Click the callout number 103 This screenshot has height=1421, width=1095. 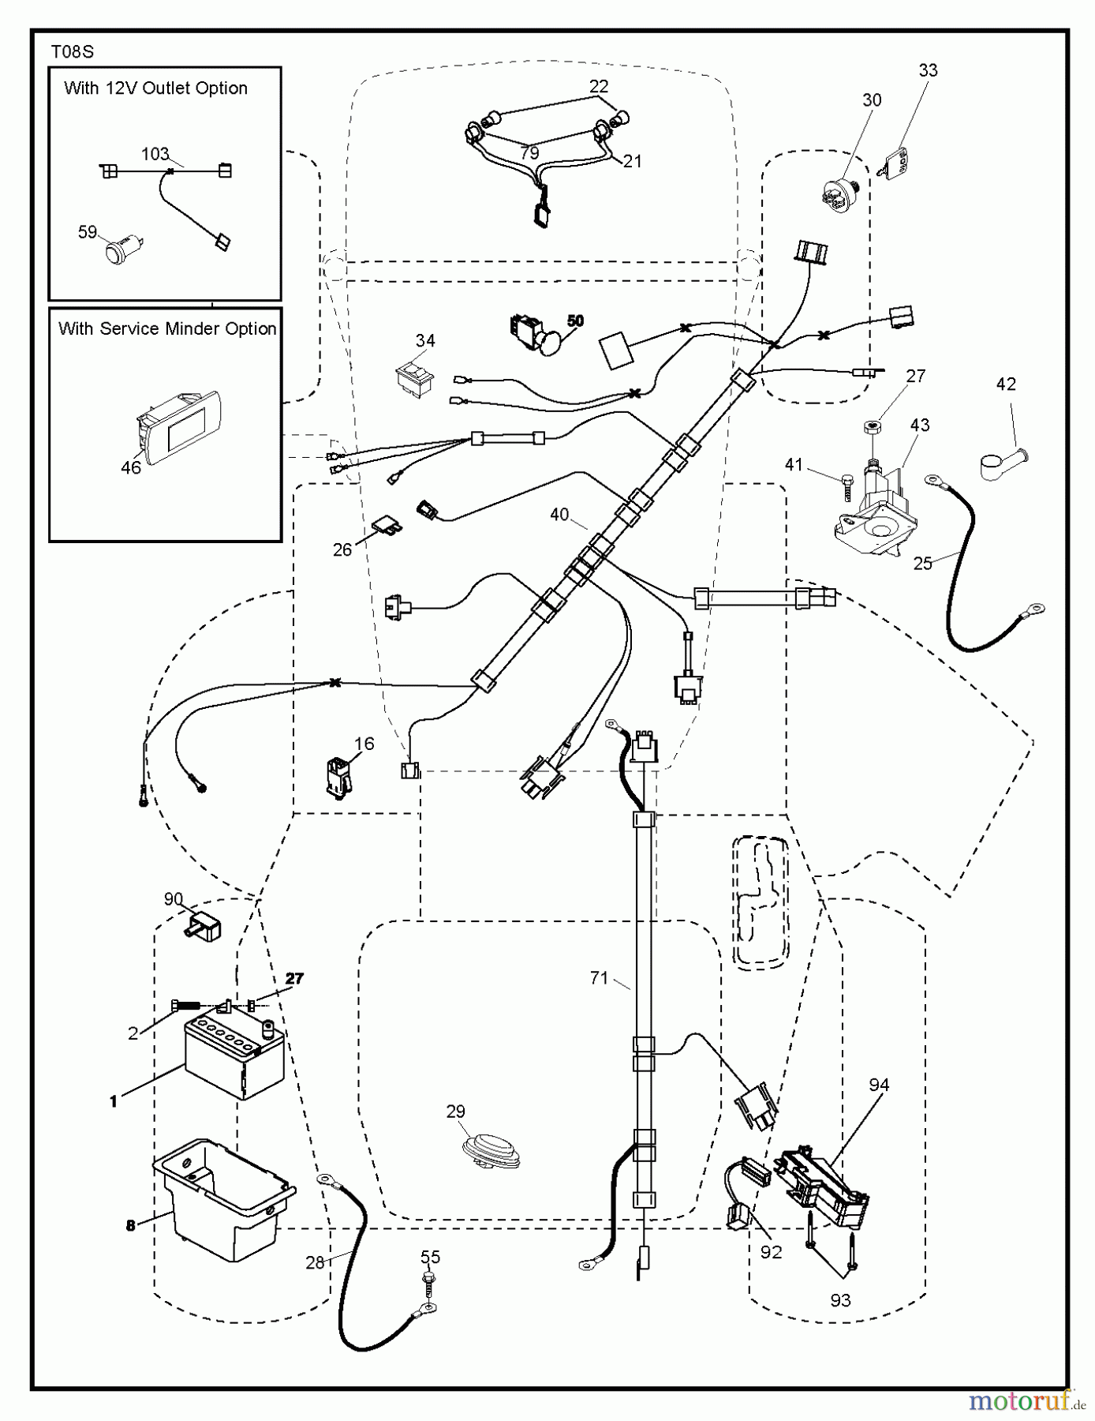point(155,153)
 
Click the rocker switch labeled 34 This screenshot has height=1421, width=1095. point(415,376)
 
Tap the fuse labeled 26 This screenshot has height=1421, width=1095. point(387,526)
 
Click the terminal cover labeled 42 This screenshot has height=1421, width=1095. point(1004,462)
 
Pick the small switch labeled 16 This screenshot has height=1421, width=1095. point(338,775)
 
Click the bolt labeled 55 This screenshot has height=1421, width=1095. point(431,1280)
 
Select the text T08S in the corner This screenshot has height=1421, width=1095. point(72,52)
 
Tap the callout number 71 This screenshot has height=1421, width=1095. point(599,978)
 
